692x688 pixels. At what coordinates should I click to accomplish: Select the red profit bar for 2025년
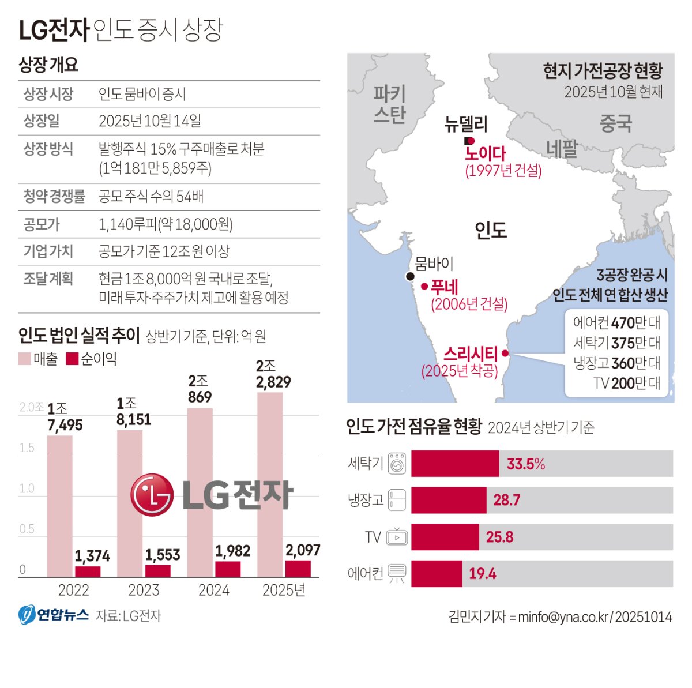click(298, 569)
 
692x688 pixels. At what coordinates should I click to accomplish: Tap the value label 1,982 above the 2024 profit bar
click(233, 551)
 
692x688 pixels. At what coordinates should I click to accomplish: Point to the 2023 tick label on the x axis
click(144, 590)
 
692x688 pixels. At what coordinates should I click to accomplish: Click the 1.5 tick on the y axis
click(27, 448)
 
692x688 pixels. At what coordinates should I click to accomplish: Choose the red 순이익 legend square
click(72, 359)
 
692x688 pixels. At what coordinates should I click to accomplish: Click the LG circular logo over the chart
click(152, 495)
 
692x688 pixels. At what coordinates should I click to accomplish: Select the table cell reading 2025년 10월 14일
click(150, 121)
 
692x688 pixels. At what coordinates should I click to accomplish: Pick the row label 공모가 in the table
click(42, 224)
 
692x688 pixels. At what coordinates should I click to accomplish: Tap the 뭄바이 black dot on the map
click(410, 276)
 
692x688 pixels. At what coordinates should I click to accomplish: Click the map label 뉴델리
click(466, 123)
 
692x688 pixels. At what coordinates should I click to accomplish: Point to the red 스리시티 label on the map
click(471, 353)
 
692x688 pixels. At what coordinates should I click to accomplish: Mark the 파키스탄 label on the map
click(390, 104)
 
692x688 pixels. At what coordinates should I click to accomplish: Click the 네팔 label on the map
click(562, 149)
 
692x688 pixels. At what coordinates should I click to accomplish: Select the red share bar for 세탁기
click(455, 464)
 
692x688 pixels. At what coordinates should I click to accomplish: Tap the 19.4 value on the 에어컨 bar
click(482, 573)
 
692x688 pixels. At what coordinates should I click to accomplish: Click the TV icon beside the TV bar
click(397, 537)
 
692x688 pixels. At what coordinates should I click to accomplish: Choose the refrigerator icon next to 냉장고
click(397, 500)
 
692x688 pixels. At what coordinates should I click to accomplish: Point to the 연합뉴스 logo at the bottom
click(54, 615)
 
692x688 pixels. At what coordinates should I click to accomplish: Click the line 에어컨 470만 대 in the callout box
click(616, 322)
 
